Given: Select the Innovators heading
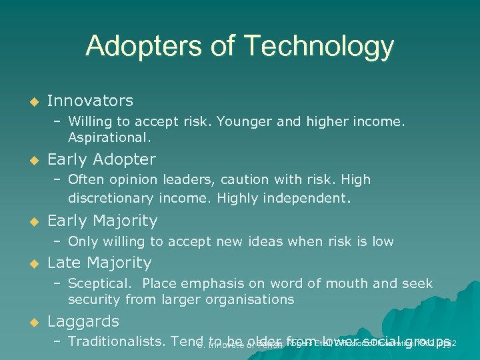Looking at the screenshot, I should point(90,101).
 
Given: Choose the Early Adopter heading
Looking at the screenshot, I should point(101,159).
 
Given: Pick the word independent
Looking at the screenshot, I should point(308,198).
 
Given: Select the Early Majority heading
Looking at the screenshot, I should point(102,221).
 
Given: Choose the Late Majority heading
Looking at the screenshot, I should point(99,263).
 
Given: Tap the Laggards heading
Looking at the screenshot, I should point(83,321).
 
